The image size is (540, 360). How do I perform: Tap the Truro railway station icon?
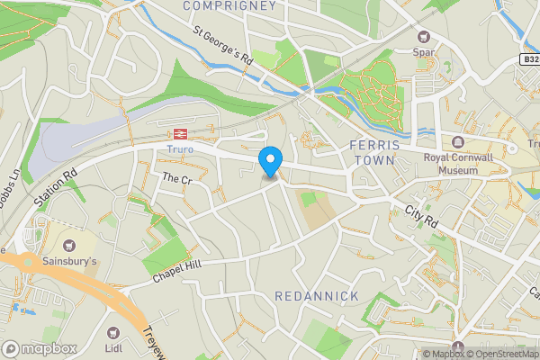(x=180, y=133)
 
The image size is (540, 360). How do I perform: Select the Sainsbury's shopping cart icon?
(x=68, y=245)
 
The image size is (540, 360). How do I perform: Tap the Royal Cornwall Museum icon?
(x=458, y=142)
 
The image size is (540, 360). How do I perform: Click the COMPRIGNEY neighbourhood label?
(x=229, y=6)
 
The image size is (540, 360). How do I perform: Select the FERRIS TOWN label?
(x=372, y=152)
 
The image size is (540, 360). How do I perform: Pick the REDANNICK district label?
(x=317, y=296)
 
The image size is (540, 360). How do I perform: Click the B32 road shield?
(x=530, y=59)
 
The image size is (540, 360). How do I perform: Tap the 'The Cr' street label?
(x=176, y=180)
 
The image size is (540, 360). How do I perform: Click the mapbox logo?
(x=40, y=348)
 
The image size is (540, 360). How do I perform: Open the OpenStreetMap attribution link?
(x=500, y=354)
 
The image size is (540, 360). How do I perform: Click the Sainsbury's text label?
(x=68, y=262)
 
